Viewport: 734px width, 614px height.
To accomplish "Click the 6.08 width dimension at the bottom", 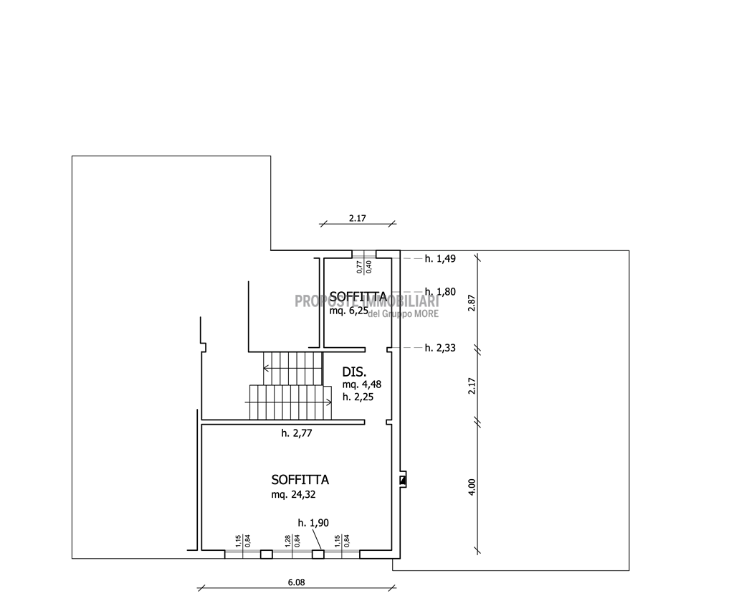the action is tap(296, 582).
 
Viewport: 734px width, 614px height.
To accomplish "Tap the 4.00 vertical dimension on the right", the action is tap(472, 487).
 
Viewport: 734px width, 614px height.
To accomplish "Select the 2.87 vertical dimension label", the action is tap(472, 303).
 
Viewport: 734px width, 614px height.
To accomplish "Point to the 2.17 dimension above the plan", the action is tap(357, 218).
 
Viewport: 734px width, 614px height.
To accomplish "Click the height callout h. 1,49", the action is tap(440, 258).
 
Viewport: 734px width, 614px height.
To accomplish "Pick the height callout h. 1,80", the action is tap(440, 292).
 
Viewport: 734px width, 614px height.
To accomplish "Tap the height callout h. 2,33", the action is tap(440, 348).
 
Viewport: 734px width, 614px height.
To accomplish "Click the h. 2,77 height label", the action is tap(296, 433).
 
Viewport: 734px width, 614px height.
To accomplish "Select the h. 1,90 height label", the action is tap(313, 523).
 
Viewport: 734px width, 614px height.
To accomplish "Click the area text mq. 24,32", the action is tap(293, 495).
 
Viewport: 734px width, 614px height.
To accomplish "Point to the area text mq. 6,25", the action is tap(349, 311).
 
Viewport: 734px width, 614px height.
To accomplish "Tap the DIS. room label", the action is tap(354, 372).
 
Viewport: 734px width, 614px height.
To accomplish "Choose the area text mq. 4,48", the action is tap(362, 384).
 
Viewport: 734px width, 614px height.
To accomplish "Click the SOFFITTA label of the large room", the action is tap(300, 480).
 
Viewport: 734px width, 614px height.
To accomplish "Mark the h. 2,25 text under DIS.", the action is tap(358, 397).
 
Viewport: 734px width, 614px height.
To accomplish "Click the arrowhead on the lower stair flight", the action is tap(330, 402).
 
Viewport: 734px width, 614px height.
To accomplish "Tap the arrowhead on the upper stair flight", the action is tap(266, 369).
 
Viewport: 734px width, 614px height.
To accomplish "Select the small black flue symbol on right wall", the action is tap(403, 480).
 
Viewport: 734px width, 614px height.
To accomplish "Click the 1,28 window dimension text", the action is tap(288, 541).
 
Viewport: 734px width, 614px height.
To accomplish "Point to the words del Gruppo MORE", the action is tap(404, 313).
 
